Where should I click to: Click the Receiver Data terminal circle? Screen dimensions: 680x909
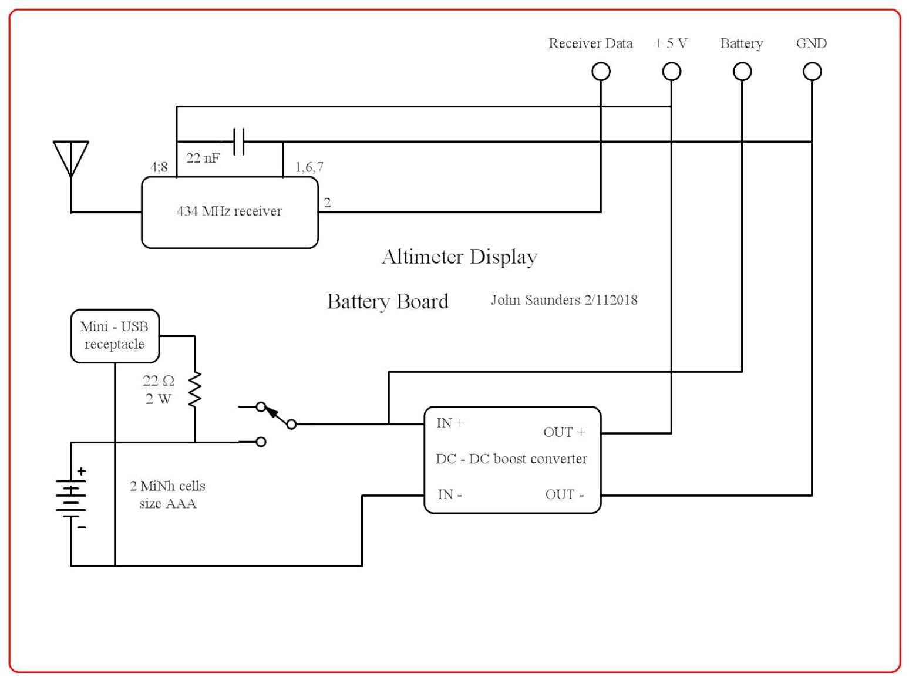pyautogui.click(x=601, y=72)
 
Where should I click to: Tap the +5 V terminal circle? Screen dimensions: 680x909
pyautogui.click(x=671, y=72)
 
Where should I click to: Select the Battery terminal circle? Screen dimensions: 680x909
pyautogui.click(x=742, y=72)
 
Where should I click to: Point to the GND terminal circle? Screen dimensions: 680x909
pyautogui.click(x=812, y=72)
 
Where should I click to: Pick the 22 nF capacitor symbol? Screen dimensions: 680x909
pyautogui.click(x=238, y=142)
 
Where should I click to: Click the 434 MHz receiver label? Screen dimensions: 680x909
pyautogui.click(x=229, y=211)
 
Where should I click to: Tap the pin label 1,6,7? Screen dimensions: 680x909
pyautogui.click(x=309, y=167)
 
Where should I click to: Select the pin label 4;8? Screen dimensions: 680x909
pyautogui.click(x=159, y=167)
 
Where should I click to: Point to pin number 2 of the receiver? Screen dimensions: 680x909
pyautogui.click(x=327, y=203)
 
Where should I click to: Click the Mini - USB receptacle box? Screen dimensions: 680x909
pyautogui.click(x=115, y=336)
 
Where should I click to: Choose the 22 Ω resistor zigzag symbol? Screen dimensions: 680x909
pyautogui.click(x=194, y=389)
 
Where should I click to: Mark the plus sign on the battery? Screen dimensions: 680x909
pyautogui.click(x=82, y=471)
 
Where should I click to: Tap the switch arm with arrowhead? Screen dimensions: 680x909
pyautogui.click(x=276, y=415)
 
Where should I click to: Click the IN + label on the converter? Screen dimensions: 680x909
pyautogui.click(x=450, y=423)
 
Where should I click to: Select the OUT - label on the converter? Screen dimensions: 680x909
pyautogui.click(x=564, y=494)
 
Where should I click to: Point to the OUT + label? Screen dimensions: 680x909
pyautogui.click(x=564, y=432)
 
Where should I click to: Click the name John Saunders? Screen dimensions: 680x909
pyautogui.click(x=535, y=300)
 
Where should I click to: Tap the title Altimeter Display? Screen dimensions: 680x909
pyautogui.click(x=459, y=257)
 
